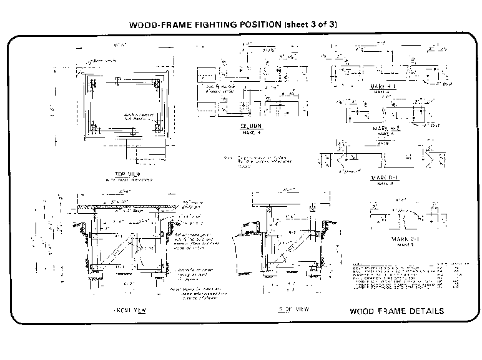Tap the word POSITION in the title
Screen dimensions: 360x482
point(257,26)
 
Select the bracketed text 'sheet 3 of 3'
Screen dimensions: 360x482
point(312,26)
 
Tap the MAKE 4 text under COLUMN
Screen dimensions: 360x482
point(251,131)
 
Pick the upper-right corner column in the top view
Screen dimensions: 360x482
point(157,83)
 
